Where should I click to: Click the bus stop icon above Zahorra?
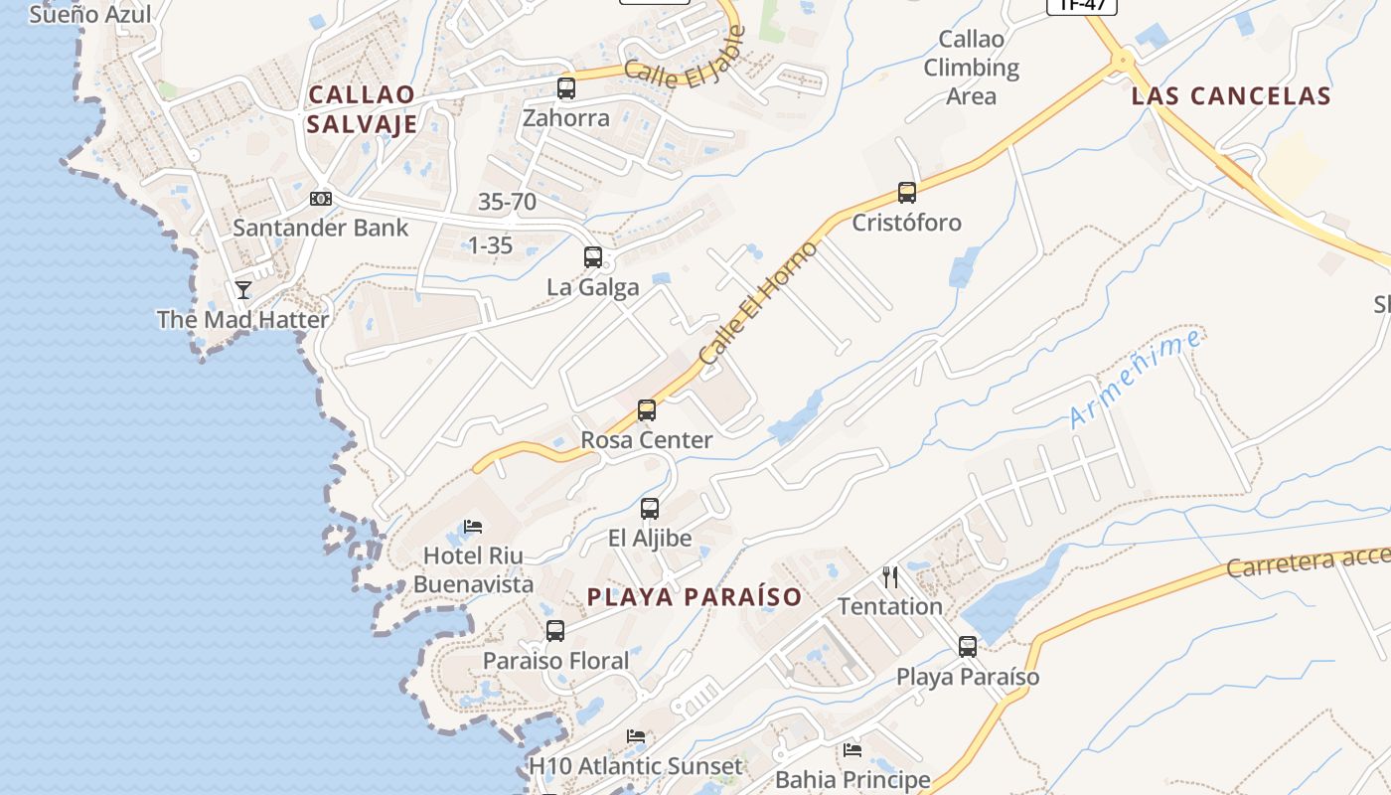566,88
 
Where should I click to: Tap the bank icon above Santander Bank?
321,199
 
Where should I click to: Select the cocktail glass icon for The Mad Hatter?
243,289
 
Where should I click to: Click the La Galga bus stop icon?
593,257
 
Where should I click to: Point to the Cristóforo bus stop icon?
906,193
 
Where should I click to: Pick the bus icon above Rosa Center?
647,410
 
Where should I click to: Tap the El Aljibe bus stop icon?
650,509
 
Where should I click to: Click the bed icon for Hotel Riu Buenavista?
473,526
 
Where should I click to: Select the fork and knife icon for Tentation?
890,576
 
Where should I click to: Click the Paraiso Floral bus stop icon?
555,631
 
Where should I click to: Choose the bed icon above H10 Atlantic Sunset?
636,736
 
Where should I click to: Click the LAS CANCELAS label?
1231,96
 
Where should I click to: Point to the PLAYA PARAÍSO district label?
695,597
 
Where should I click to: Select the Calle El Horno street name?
758,301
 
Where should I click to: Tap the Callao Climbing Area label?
972,68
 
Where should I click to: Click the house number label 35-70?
507,202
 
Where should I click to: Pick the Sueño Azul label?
90,14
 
